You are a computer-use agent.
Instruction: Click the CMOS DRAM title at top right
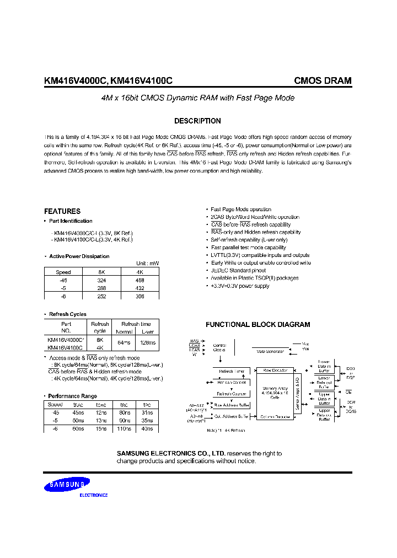pos(323,81)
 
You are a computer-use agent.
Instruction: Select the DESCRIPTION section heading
pos(197,121)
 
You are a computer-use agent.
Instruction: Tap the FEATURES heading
pos(62,211)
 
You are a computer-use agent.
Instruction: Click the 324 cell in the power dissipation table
pos(101,280)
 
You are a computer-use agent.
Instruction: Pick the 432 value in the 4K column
pos(140,288)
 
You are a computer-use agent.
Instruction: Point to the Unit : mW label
pos(147,264)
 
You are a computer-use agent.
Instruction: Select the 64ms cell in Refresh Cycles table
pos(124,344)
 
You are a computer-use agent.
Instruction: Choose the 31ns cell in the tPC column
pos(147,412)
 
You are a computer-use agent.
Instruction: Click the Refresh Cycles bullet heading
pos(68,314)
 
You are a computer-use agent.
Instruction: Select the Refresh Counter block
pos(231,394)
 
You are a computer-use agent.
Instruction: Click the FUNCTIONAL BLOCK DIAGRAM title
pos(257,325)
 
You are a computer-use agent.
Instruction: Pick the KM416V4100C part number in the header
pos(141,81)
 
